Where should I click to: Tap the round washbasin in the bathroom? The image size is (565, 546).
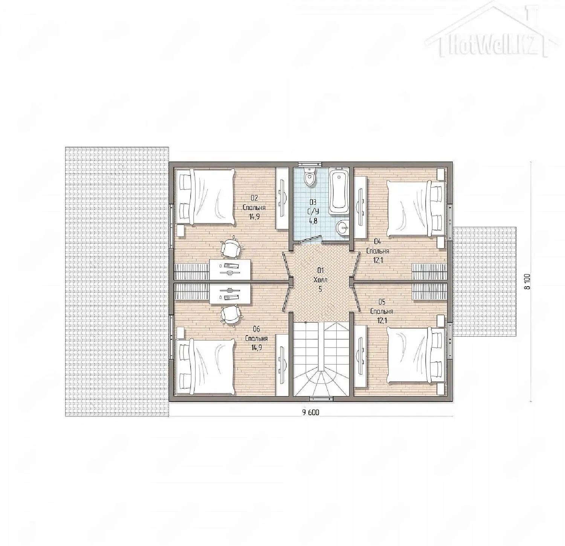click(x=342, y=227)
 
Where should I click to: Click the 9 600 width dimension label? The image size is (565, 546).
click(x=310, y=412)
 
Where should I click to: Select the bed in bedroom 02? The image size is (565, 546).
click(x=205, y=198)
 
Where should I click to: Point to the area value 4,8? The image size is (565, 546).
click(x=313, y=221)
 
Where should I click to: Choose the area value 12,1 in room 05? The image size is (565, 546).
click(x=381, y=320)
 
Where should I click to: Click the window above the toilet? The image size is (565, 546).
click(x=310, y=164)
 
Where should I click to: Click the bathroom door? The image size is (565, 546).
click(x=308, y=238)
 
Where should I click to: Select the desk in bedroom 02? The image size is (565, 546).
click(x=230, y=270)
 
